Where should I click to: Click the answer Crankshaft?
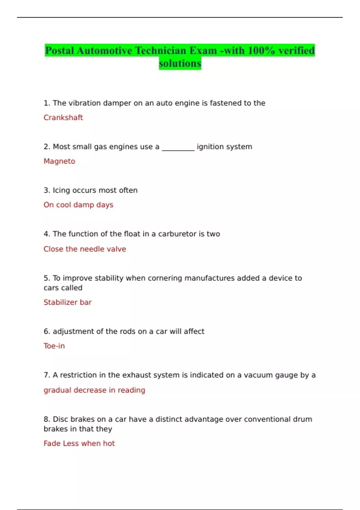point(63,118)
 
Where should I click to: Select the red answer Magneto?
point(59,161)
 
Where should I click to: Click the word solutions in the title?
point(180,64)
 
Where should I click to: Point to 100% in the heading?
point(261,51)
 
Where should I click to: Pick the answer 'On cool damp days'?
point(78,205)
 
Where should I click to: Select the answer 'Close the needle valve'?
point(85,249)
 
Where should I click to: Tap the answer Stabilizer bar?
point(67,302)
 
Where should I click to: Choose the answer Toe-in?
point(54,346)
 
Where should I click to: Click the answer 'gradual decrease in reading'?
point(94,390)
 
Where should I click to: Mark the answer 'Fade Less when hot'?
point(79,443)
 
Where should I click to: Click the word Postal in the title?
point(59,51)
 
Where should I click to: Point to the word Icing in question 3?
point(61,190)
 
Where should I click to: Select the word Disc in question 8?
point(60,419)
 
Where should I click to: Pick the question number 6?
point(46,331)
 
